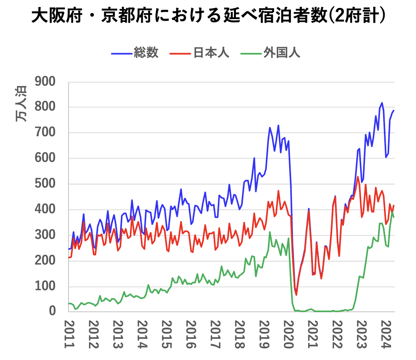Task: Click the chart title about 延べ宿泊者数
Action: pyautogui.click(x=208, y=17)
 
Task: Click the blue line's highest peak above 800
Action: pyautogui.click(x=382, y=103)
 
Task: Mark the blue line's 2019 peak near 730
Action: pyautogui.click(x=278, y=125)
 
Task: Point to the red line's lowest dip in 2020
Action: pyautogui.click(x=296, y=295)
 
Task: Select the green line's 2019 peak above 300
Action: pyautogui.click(x=270, y=232)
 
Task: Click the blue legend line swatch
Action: pyautogui.click(x=121, y=53)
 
